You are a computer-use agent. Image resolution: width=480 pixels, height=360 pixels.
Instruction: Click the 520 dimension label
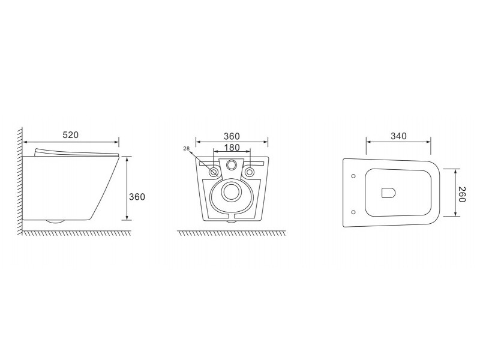click(71, 134)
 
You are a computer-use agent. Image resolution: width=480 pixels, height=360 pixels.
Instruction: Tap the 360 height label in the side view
click(137, 197)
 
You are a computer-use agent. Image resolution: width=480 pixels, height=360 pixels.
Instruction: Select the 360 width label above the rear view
click(232, 136)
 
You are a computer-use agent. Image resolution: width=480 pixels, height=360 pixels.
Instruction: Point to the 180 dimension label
click(232, 148)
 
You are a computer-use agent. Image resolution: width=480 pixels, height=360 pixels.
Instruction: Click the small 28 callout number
click(187, 149)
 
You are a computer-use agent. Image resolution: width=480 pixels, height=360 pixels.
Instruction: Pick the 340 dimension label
click(398, 136)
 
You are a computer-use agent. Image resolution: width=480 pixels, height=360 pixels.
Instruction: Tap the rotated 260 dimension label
click(462, 194)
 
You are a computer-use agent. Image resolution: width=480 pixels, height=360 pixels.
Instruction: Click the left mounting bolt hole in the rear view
click(214, 172)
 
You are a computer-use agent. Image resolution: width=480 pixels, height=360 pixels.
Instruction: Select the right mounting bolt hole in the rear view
click(250, 172)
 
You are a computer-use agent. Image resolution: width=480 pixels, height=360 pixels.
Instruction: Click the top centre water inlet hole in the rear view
click(232, 166)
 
